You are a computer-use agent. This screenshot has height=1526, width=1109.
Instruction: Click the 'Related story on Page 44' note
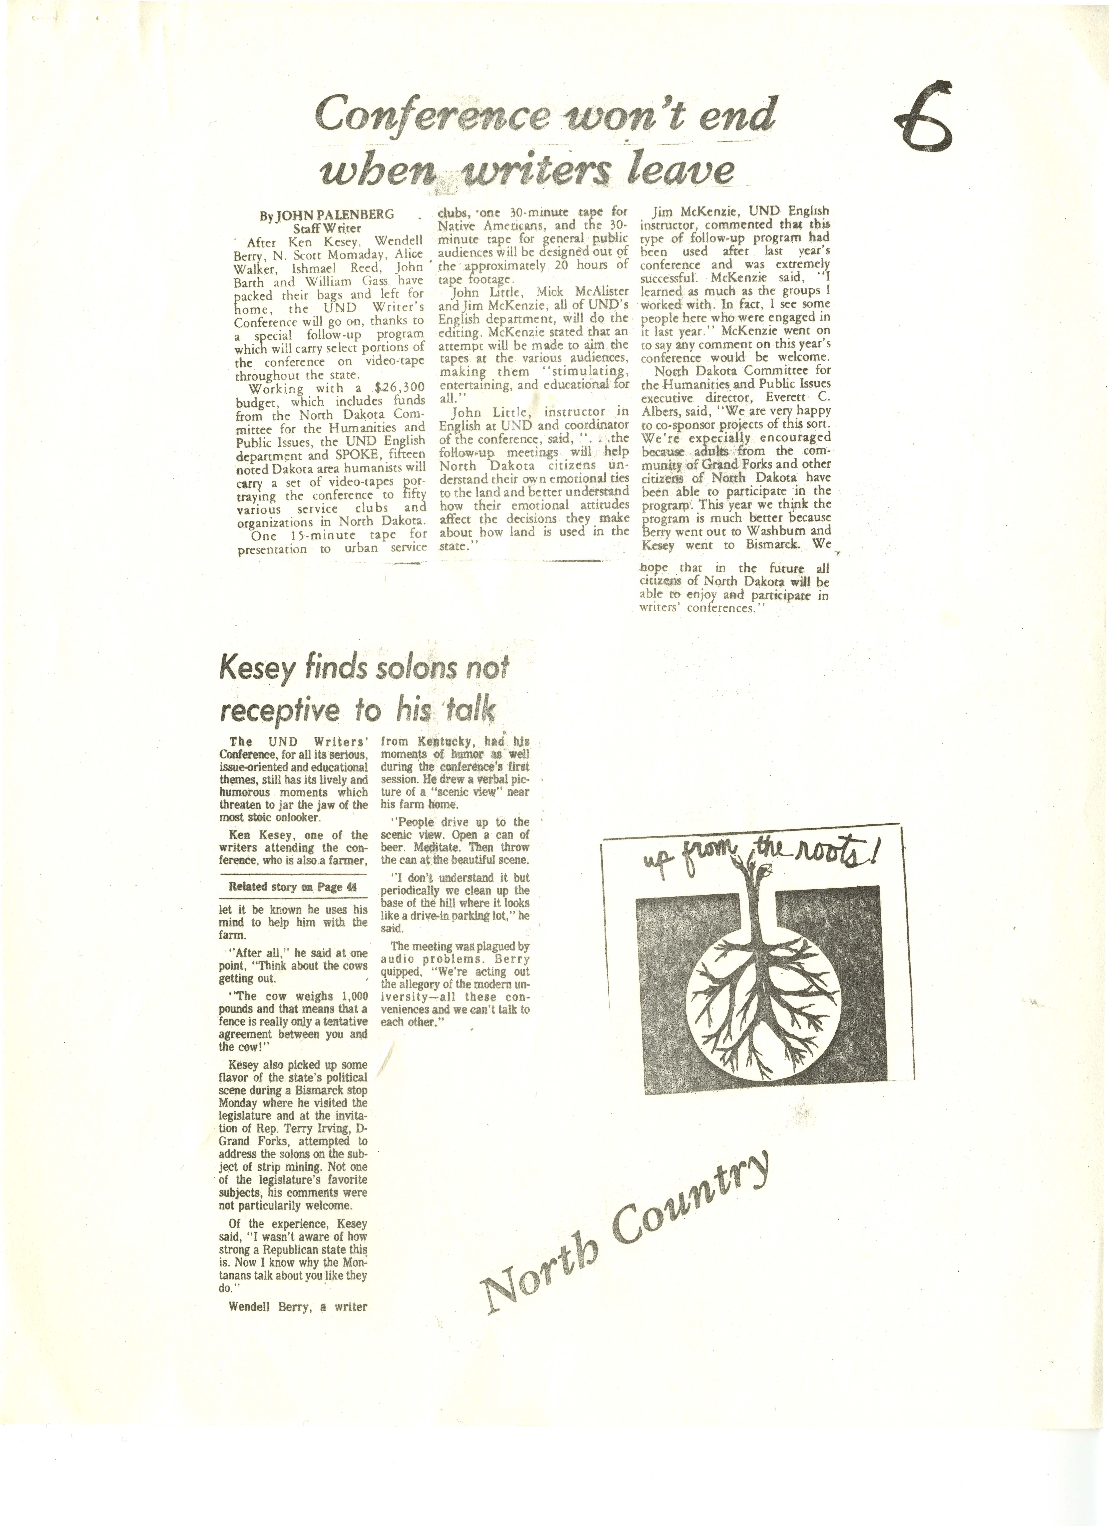click(293, 887)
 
